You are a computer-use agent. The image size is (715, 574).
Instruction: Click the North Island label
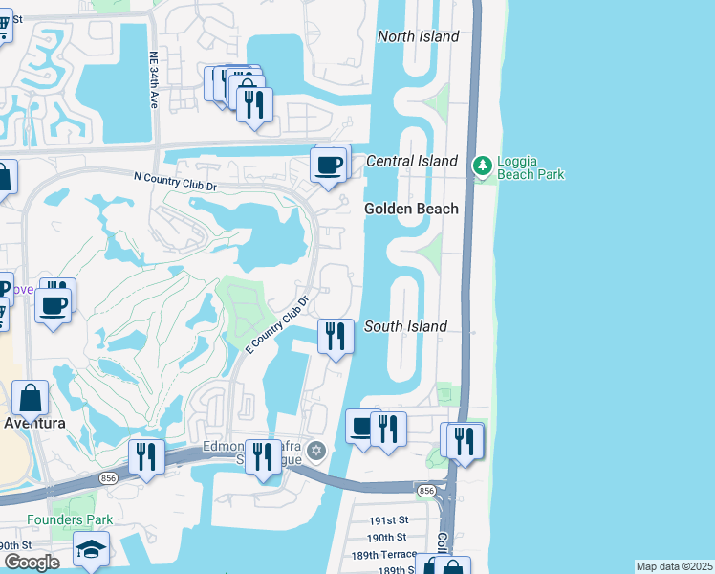click(418, 36)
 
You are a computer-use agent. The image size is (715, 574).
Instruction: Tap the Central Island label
click(412, 161)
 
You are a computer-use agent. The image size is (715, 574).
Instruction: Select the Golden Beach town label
click(411, 209)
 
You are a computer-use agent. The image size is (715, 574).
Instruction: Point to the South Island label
click(405, 326)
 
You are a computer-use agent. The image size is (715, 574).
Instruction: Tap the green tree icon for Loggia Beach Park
click(484, 166)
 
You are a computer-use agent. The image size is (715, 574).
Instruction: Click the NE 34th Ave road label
click(153, 80)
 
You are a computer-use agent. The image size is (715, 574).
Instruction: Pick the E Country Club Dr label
click(278, 324)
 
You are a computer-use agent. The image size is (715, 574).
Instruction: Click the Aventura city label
click(34, 423)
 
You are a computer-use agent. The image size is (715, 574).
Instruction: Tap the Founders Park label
click(70, 520)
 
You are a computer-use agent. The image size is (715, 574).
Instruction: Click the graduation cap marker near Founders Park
click(91, 549)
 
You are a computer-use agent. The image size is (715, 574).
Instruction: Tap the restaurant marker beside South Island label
click(335, 337)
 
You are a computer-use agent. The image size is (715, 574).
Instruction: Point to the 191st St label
click(388, 521)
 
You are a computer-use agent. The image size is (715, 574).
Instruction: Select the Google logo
click(32, 563)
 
